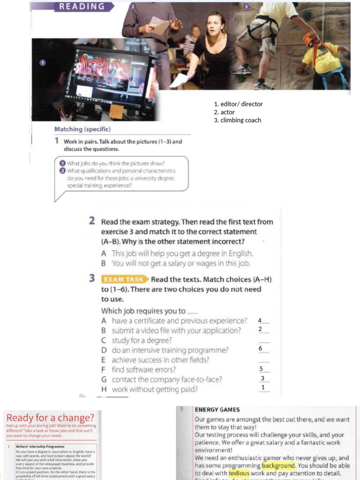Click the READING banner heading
82,7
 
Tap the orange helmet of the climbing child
308,39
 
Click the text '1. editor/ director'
238,104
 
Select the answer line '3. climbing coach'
237,120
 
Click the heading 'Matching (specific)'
82,129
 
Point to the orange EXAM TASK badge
123,279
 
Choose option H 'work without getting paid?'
154,389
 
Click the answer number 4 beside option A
260,320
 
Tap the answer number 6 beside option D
261,349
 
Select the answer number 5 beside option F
262,369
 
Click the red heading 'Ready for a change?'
50,418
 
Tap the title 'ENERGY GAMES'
217,409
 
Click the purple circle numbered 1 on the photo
42,63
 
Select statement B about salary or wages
176,263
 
